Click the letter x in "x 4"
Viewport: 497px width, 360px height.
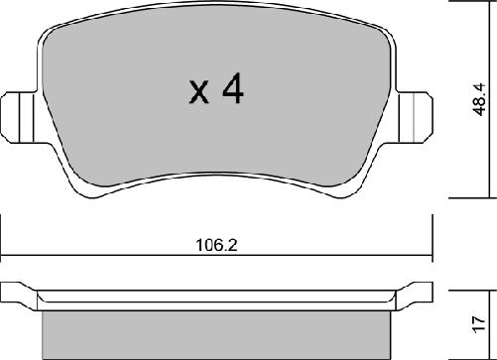(197, 94)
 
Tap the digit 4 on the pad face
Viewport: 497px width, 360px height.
(232, 90)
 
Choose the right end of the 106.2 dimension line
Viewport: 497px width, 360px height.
(432, 250)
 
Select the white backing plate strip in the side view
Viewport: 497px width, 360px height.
(217, 299)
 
